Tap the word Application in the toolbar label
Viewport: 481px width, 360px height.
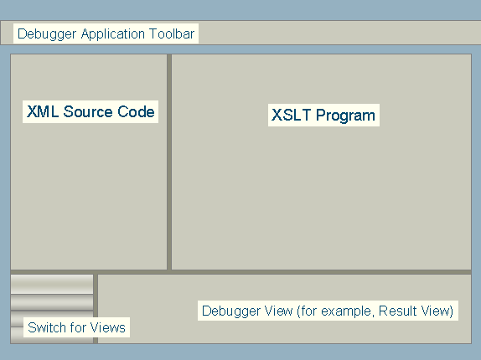[113, 34]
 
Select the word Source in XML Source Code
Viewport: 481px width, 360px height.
[88, 111]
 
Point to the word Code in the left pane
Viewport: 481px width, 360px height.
[136, 111]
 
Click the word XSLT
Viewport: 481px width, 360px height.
[291, 116]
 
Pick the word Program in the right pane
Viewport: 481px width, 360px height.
[345, 116]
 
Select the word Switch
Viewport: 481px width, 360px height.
[46, 327]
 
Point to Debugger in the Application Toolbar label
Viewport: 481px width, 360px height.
[47, 34]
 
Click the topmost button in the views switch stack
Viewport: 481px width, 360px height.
[52, 284]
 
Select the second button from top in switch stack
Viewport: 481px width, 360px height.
[52, 302]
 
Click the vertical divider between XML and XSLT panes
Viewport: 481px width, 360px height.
[169, 162]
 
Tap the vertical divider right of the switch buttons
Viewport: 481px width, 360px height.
[96, 309]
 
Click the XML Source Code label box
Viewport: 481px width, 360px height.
[91, 111]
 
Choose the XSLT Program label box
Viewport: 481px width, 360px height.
[323, 116]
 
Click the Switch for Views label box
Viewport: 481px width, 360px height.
[77, 327]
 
